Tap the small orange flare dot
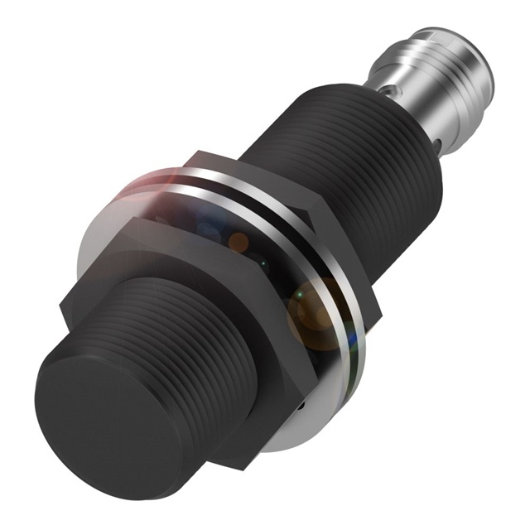coord(238,242)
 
